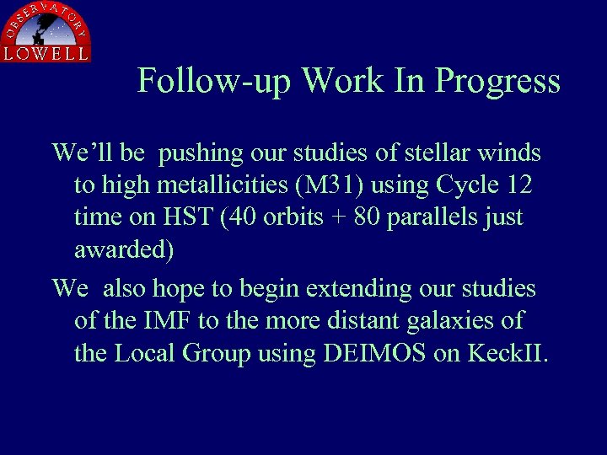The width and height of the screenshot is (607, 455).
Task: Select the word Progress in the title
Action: [x=497, y=81]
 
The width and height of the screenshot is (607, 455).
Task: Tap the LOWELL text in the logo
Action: [x=46, y=53]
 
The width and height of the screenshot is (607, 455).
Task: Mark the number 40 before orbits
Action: [x=250, y=217]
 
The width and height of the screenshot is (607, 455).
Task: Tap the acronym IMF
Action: [x=159, y=321]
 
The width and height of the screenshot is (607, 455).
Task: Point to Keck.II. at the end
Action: [x=503, y=353]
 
